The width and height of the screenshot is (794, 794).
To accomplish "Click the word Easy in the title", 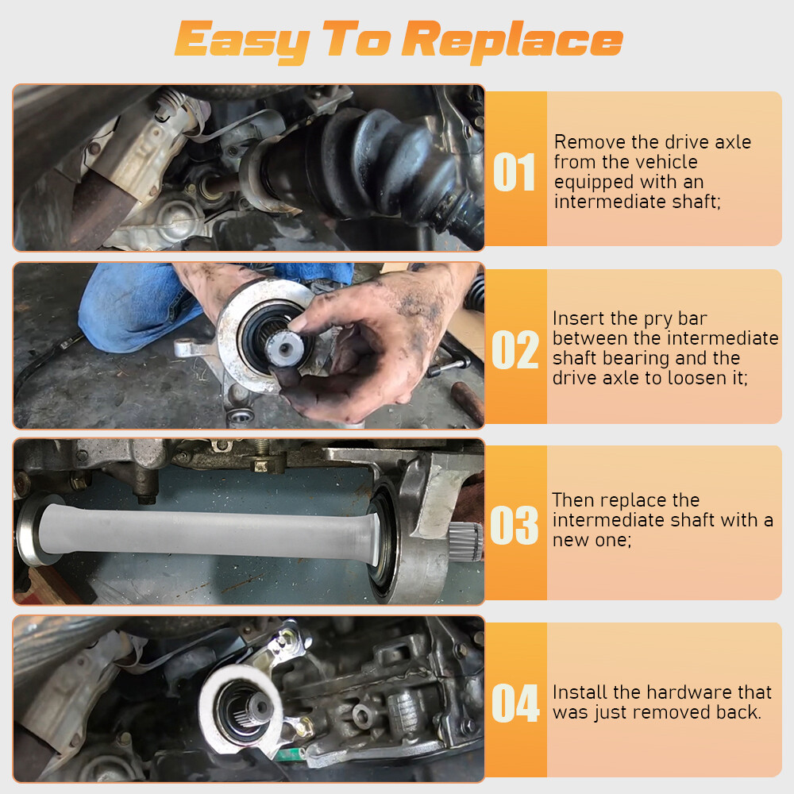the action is click(x=242, y=41).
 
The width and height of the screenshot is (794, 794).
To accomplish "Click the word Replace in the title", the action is click(x=512, y=42).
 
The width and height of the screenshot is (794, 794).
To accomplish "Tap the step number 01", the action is click(x=514, y=172).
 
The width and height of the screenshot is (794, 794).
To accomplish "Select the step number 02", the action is click(x=515, y=349).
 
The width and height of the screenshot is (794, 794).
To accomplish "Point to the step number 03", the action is click(x=514, y=525).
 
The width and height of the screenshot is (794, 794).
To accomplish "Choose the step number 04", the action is click(x=515, y=703).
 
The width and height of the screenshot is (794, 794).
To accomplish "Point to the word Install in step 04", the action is click(x=580, y=692).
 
